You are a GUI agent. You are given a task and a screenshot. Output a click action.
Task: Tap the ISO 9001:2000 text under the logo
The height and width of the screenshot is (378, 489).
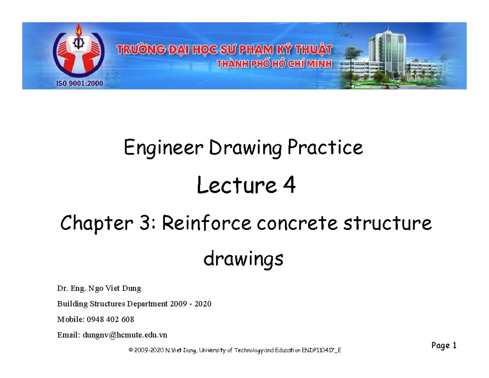[x=79, y=83]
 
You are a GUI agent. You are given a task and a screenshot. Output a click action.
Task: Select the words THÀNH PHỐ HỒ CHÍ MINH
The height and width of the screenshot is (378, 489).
[x=274, y=64]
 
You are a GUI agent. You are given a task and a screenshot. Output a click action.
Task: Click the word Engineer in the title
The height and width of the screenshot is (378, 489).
[x=163, y=148]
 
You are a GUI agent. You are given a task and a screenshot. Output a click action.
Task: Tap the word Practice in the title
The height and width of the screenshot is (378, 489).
[x=325, y=148]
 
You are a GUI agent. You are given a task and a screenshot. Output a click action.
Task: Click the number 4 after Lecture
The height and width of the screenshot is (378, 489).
[x=289, y=185]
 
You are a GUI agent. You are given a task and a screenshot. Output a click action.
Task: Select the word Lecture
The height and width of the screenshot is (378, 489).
[x=237, y=185]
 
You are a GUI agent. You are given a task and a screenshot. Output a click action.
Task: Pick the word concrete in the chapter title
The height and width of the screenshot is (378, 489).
[x=297, y=223]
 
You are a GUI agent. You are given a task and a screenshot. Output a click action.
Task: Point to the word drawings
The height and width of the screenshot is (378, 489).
[x=243, y=259]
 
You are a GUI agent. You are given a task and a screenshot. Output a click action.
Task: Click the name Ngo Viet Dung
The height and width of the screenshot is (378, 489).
[x=115, y=288]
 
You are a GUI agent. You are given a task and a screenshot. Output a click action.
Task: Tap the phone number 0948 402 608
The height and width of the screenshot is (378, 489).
[x=110, y=319]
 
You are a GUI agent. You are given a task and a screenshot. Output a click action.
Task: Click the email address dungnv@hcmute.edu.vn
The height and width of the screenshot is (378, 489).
[x=125, y=335]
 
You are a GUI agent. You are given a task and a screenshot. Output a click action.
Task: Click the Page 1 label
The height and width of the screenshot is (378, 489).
[x=444, y=345]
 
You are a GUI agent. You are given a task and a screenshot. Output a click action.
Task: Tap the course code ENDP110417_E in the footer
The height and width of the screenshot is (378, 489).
[x=322, y=350]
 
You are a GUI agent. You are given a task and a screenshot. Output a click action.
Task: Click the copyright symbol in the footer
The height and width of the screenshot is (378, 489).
[x=130, y=350]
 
